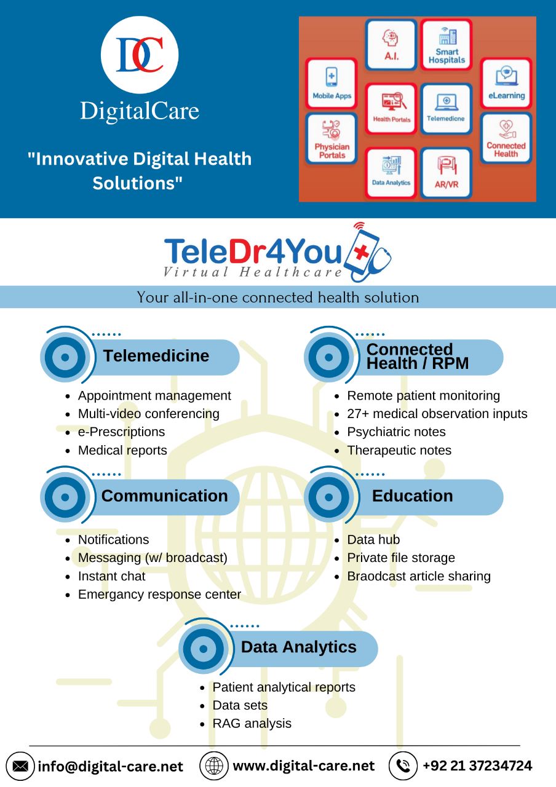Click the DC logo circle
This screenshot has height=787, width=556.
tap(140, 55)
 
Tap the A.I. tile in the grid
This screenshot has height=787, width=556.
tap(391, 45)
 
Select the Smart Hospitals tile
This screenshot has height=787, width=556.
tap(447, 45)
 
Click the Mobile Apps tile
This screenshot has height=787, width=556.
tap(332, 84)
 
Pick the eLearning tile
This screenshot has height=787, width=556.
tap(506, 84)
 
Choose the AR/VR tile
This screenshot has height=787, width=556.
tap(447, 173)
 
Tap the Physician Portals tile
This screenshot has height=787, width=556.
tap(332, 138)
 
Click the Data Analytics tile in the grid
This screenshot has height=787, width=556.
tap(391, 173)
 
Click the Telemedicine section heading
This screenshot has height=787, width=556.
tap(156, 356)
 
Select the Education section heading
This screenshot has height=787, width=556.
tap(412, 496)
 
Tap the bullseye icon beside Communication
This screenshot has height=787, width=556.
tap(65, 497)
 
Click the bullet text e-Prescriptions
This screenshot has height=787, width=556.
tap(121, 432)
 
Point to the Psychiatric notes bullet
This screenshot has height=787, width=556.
tap(396, 432)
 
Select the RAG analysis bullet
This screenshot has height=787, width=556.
tap(252, 724)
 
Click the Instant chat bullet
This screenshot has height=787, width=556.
tap(111, 576)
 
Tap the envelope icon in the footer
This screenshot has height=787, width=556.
tap(20, 766)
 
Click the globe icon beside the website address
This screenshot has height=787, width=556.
tap(214, 766)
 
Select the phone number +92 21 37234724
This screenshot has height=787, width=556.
tap(477, 766)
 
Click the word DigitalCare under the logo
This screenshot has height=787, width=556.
tap(140, 111)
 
